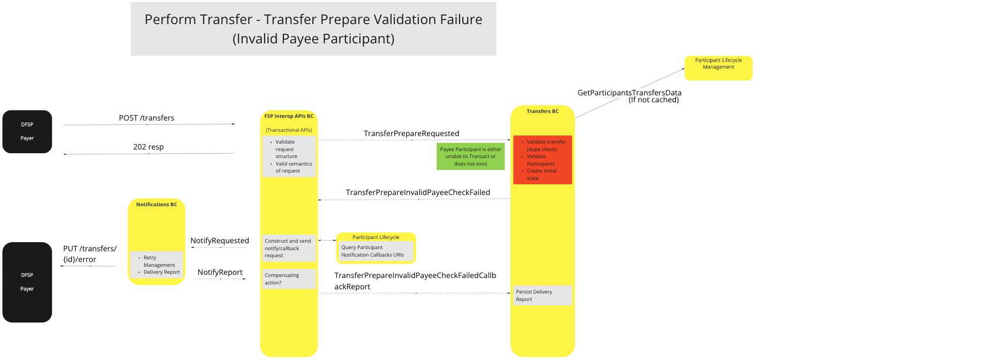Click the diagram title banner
tap(313, 29)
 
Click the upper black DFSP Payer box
tap(27, 132)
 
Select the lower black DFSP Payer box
tap(27, 282)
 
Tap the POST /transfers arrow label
tap(146, 118)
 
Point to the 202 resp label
tap(148, 147)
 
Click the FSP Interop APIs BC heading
tap(289, 116)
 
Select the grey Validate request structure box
tap(289, 156)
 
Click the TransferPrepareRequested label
tap(411, 133)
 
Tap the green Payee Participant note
tap(470, 156)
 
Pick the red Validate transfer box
tap(542, 160)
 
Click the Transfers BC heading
tap(542, 111)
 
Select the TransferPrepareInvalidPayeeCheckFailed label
tap(418, 192)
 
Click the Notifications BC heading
tap(156, 205)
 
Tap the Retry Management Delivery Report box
tap(157, 265)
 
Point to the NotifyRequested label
tap(220, 241)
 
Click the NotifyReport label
tap(220, 272)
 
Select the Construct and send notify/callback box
tap(289, 248)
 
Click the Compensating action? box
tap(289, 279)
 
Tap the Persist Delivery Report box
tap(542, 296)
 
